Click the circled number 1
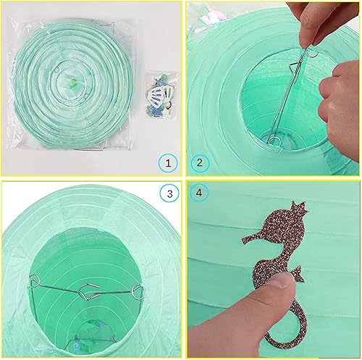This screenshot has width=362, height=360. coord(168,163)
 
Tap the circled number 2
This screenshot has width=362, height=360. coord(200,163)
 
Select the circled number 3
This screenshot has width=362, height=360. coord(169,193)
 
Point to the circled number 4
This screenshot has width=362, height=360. coord(199,193)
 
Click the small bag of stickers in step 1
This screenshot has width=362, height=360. coord(161,96)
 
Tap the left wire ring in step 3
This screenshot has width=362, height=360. coord(34,281)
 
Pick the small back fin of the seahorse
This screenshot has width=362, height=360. coord(298,273)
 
